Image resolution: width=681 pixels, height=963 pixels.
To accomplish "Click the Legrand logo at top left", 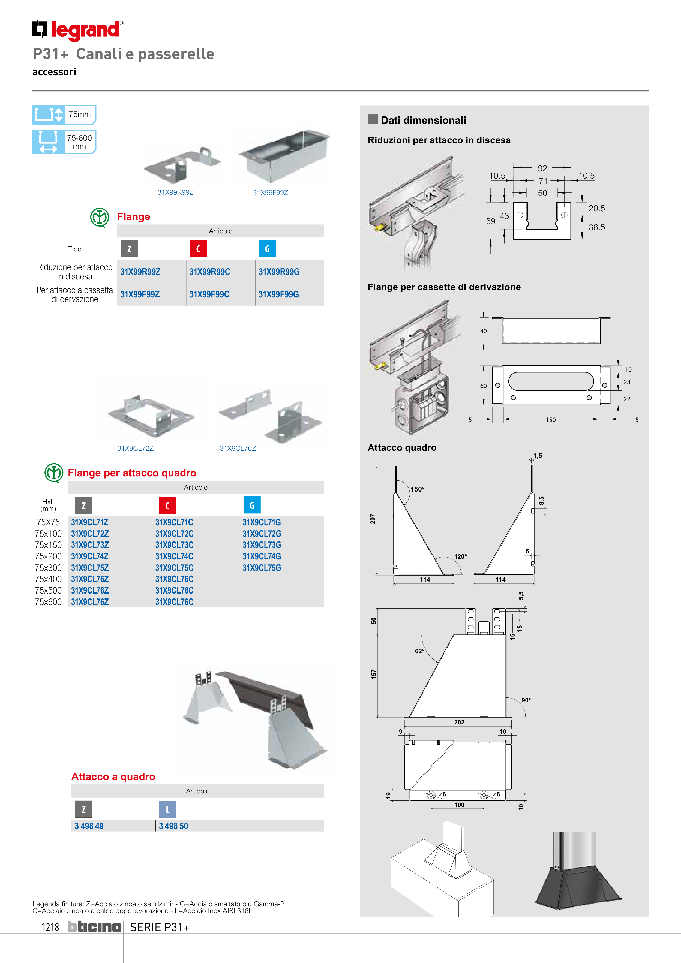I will (78, 30).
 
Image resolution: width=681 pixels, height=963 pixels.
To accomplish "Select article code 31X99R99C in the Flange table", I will (209, 272).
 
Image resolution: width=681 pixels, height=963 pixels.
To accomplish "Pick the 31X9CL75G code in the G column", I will (261, 568).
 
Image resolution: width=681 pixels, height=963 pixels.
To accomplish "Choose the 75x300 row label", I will (48, 568).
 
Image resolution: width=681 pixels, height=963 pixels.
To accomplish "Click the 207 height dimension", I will (373, 519).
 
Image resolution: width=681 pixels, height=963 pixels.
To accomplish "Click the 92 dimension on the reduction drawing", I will (542, 168).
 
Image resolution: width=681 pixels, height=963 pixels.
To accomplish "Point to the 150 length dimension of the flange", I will (551, 419).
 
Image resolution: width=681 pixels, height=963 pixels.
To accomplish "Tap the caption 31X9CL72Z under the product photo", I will (135, 448).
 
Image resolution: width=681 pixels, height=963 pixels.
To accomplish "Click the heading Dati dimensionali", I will (423, 121).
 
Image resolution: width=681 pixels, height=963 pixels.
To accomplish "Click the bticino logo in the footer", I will (94, 927).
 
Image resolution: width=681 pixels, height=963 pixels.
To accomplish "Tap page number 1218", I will (50, 927).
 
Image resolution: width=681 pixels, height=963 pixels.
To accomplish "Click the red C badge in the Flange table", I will (198, 249).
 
